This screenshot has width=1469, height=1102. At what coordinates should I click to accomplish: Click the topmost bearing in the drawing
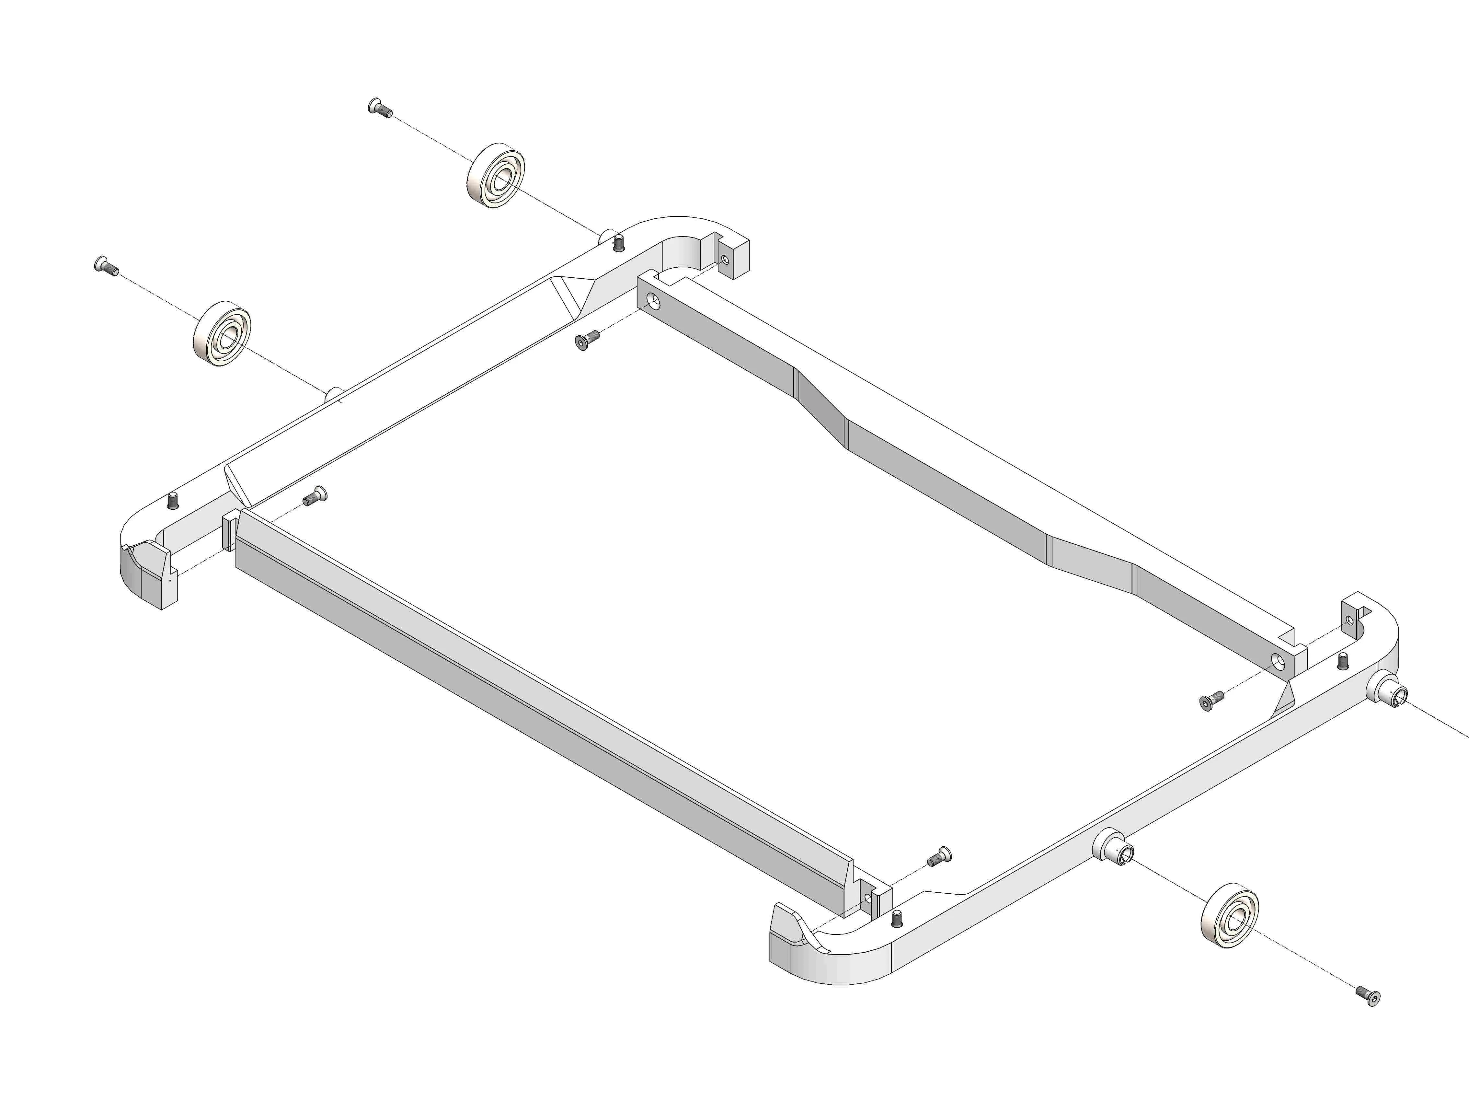click(495, 177)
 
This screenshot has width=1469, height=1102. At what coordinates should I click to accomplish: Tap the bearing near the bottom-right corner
click(1230, 915)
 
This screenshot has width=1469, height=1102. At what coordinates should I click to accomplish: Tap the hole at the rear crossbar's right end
click(1277, 660)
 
